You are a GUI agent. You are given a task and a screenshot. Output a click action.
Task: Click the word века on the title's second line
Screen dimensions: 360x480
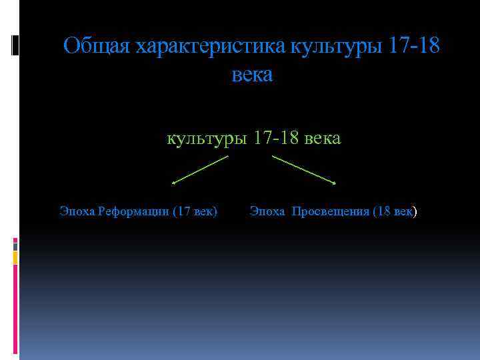click(252, 75)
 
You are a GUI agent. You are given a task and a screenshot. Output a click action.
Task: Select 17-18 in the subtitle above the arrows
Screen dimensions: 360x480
click(273, 139)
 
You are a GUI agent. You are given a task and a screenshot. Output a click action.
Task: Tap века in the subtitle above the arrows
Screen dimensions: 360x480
click(323, 139)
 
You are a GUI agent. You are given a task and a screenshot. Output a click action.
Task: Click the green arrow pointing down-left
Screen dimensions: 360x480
click(200, 169)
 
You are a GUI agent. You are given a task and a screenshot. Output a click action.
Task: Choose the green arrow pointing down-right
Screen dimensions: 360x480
click(303, 169)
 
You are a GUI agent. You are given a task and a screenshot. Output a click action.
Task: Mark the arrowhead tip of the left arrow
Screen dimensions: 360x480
click(173, 183)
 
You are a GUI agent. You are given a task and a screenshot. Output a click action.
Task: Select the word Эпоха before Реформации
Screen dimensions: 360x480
click(77, 212)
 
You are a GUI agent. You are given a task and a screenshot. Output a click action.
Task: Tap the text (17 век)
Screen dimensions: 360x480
click(195, 212)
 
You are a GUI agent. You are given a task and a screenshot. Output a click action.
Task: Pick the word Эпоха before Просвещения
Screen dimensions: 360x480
click(267, 212)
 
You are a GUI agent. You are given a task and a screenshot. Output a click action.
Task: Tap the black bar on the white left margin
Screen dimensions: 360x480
click(15, 45)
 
